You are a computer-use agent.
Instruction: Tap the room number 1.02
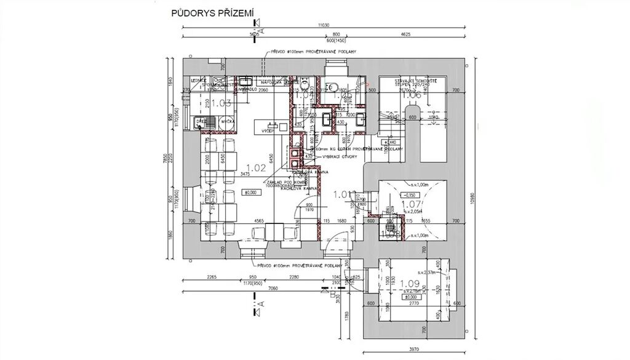[255, 167]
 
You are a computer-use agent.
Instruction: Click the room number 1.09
[409, 284]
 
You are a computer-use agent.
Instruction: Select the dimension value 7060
[274, 288]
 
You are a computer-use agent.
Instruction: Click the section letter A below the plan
[261, 303]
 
